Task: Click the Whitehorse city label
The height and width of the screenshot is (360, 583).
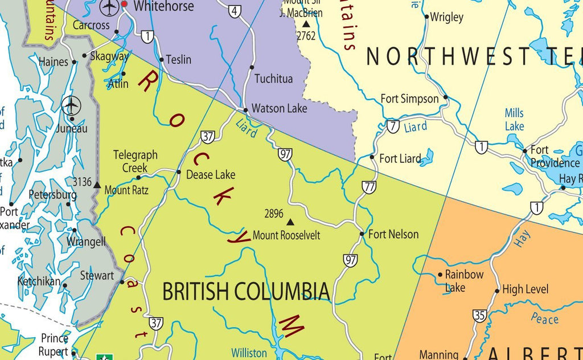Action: coord(163,7)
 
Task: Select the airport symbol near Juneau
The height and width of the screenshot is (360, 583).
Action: coord(71,105)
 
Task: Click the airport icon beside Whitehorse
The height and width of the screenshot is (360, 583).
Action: coord(108,7)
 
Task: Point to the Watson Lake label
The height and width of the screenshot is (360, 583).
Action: coord(279,108)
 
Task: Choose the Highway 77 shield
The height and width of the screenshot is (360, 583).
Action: coord(369,187)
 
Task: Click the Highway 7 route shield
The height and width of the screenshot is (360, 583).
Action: coord(393,126)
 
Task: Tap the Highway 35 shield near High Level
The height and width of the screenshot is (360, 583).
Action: coord(479,315)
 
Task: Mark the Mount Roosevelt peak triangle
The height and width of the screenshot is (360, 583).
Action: coord(290,222)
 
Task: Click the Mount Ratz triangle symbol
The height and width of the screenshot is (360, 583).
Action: coord(97,185)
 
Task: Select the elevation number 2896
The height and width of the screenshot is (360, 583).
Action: coord(274,214)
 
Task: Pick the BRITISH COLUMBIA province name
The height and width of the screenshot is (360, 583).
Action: coord(246,291)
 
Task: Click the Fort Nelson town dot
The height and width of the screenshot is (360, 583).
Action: coord(362,234)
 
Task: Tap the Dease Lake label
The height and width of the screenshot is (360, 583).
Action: coord(211,174)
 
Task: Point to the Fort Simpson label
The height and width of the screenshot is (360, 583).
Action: coord(409,99)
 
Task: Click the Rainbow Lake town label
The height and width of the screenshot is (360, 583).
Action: coord(464,281)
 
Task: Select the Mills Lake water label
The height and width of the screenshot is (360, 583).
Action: coord(514,119)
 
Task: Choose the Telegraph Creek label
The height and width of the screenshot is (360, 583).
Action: coord(136,161)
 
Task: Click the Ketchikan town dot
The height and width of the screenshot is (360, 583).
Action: coord(65,285)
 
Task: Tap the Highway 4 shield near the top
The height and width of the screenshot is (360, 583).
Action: coord(235,11)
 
